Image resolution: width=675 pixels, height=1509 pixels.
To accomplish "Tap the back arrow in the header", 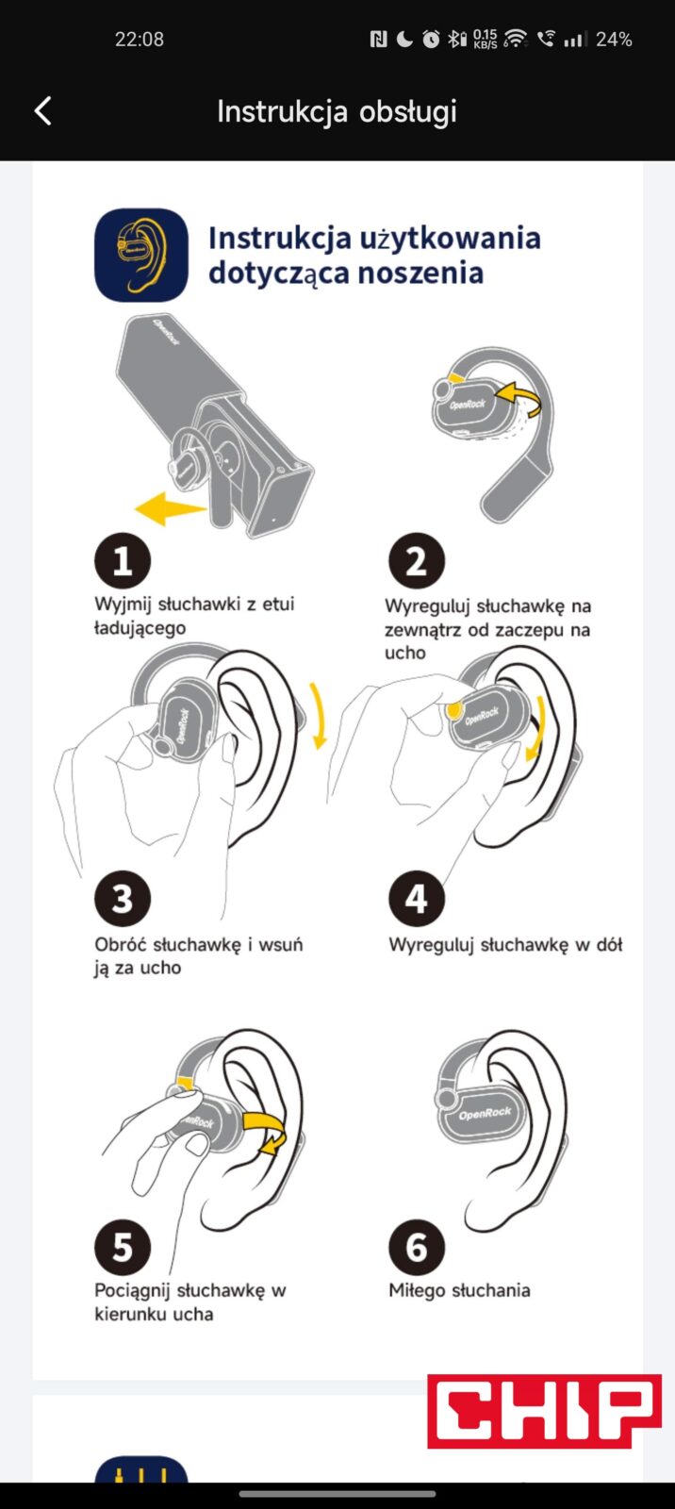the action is click(43, 111).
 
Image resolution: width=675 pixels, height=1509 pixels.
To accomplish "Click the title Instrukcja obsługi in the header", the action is click(337, 112).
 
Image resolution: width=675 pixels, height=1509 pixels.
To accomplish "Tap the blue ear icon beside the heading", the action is click(141, 255).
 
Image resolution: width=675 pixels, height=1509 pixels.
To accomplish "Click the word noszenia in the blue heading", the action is click(420, 273).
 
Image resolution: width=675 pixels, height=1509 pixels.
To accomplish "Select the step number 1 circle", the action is click(123, 560).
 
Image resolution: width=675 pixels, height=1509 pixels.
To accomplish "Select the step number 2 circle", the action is click(417, 560).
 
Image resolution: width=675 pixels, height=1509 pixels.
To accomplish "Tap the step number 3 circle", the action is click(123, 899).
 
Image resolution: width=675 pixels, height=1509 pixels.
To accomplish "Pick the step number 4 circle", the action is click(417, 899).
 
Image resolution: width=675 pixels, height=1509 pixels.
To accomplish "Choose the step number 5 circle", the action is click(123, 1247).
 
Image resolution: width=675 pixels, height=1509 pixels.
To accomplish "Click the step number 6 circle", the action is click(417, 1247).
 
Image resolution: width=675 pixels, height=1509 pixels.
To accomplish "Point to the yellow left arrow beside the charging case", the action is click(169, 508).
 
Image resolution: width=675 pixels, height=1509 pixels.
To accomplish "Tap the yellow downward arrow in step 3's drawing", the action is click(319, 716).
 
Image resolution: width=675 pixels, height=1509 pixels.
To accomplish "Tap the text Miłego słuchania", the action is click(459, 1290).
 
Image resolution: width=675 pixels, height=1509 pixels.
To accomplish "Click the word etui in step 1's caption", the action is click(278, 604).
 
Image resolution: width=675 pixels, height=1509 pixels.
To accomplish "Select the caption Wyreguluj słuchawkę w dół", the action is click(505, 944).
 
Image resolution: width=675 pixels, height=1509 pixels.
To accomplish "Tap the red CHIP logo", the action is click(544, 1411).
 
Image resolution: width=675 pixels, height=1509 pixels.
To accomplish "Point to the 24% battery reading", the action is click(614, 40).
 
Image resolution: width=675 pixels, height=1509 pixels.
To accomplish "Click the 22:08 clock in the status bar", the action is click(140, 40).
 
